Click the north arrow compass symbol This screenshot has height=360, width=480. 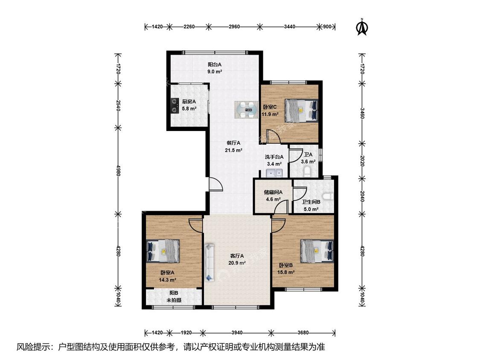pos(362,27)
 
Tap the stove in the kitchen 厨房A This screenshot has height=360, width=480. pos(175,105)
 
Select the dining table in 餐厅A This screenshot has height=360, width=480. pos(247,110)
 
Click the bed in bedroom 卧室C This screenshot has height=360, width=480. pos(301,110)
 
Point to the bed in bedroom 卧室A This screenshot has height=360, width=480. pos(163,251)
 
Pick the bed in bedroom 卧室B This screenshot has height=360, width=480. pos(317,251)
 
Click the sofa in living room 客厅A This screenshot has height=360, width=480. pos(209,262)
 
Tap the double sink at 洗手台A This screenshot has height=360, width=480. pos(274,173)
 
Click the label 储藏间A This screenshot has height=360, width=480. pos(273,192)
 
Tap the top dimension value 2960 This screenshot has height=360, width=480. pos(234,26)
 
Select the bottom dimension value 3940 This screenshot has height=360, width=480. pos(237,333)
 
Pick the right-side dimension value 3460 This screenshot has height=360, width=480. pos(362,113)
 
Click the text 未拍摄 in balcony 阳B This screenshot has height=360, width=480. pos(174,300)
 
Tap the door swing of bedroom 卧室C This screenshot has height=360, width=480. pos(273,136)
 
